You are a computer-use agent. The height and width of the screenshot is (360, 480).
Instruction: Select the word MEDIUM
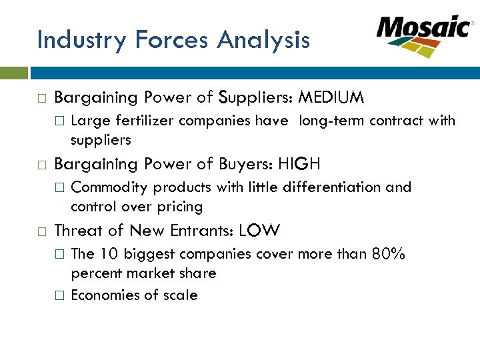(x=331, y=98)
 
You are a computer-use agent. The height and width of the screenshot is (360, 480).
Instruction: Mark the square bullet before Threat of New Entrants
(x=41, y=232)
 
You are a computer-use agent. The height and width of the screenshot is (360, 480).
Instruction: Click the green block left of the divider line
(x=13, y=72)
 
